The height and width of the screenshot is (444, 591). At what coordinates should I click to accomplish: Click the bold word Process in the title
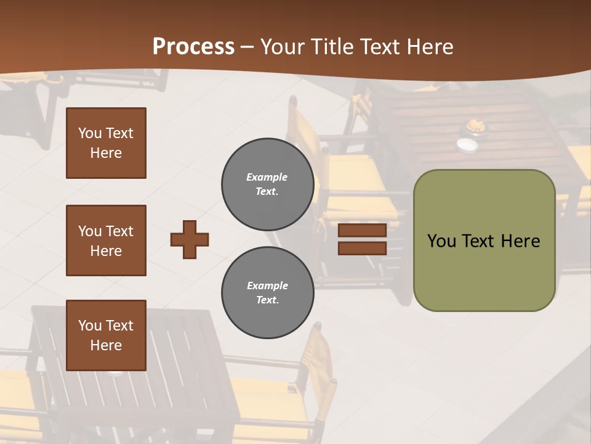pos(193,47)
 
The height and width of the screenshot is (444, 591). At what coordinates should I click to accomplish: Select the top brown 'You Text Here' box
pos(106,143)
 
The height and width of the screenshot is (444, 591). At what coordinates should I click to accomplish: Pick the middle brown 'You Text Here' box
pos(106,240)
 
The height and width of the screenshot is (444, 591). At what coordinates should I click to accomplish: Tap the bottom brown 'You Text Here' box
pos(106,335)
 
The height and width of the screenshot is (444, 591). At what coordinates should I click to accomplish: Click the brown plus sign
pos(190,239)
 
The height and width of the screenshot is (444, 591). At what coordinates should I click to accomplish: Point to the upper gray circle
pos(267,184)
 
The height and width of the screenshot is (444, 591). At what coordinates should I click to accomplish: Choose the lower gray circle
pos(267,292)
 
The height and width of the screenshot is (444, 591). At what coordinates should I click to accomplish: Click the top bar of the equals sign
pos(362,231)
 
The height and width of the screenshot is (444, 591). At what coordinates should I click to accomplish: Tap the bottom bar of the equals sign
pos(362,248)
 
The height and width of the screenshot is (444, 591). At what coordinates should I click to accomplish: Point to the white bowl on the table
pos(467,144)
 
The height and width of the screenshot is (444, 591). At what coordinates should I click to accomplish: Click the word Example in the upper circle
pos(267,178)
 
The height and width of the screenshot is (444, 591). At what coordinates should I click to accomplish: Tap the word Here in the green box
pos(520,241)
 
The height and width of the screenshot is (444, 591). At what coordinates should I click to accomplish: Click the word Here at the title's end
pos(431,47)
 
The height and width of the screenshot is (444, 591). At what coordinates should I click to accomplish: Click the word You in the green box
pos(441,241)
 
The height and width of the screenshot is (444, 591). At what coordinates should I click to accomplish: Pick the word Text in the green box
pos(480,241)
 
